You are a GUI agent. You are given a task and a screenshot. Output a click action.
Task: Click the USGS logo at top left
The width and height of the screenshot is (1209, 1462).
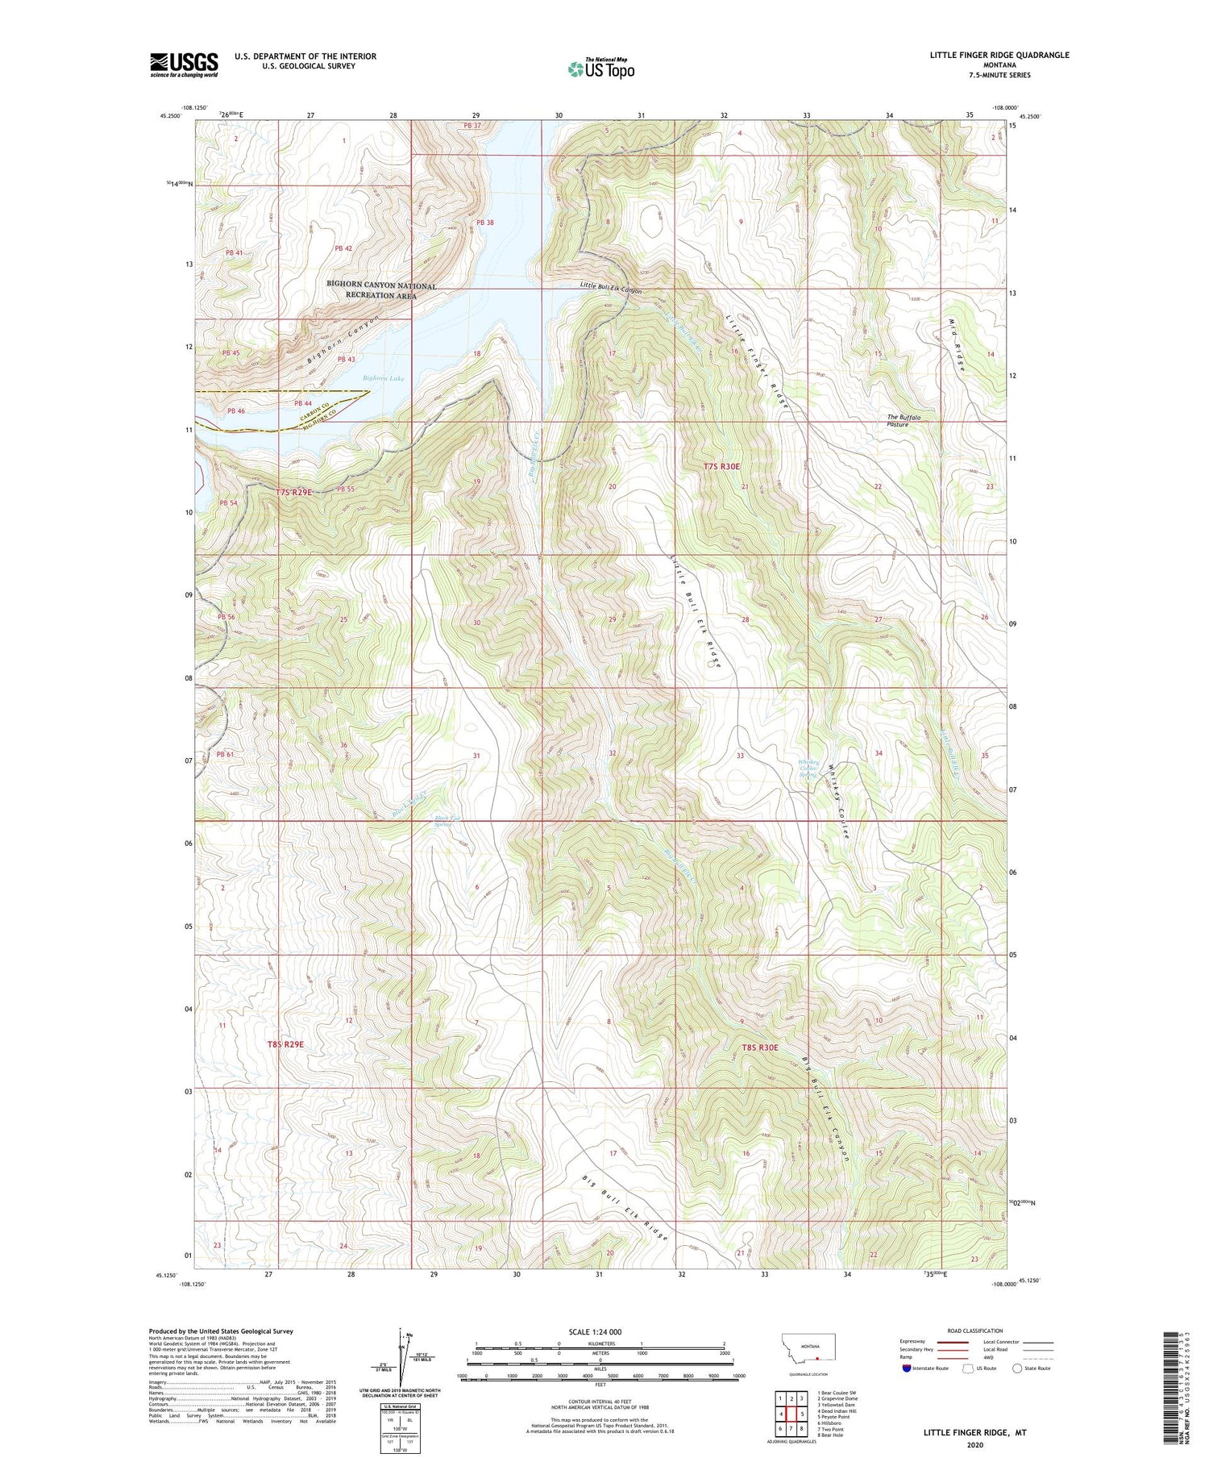click(184, 65)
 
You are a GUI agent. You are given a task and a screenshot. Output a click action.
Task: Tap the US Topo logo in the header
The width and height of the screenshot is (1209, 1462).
click(600, 69)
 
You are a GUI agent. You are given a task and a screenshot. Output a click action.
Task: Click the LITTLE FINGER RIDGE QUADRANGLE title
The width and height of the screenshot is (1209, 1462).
click(999, 55)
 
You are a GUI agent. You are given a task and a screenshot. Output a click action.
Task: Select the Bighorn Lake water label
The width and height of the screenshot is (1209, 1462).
click(383, 378)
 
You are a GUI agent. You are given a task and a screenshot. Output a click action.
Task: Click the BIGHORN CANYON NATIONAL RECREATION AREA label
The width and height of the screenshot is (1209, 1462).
click(381, 290)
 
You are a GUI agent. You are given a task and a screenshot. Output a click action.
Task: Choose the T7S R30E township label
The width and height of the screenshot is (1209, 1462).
click(721, 466)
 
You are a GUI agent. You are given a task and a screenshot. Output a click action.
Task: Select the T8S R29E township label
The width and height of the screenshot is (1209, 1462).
click(285, 1043)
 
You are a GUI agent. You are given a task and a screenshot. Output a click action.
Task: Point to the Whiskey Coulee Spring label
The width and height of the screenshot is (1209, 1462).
click(808, 768)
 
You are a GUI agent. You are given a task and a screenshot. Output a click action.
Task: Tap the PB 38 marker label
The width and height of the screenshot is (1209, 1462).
click(484, 223)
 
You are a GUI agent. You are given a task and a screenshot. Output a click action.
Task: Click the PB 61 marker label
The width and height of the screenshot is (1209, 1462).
click(224, 755)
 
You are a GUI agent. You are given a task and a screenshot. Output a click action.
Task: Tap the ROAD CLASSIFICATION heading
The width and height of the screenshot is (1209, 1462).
click(975, 1331)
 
